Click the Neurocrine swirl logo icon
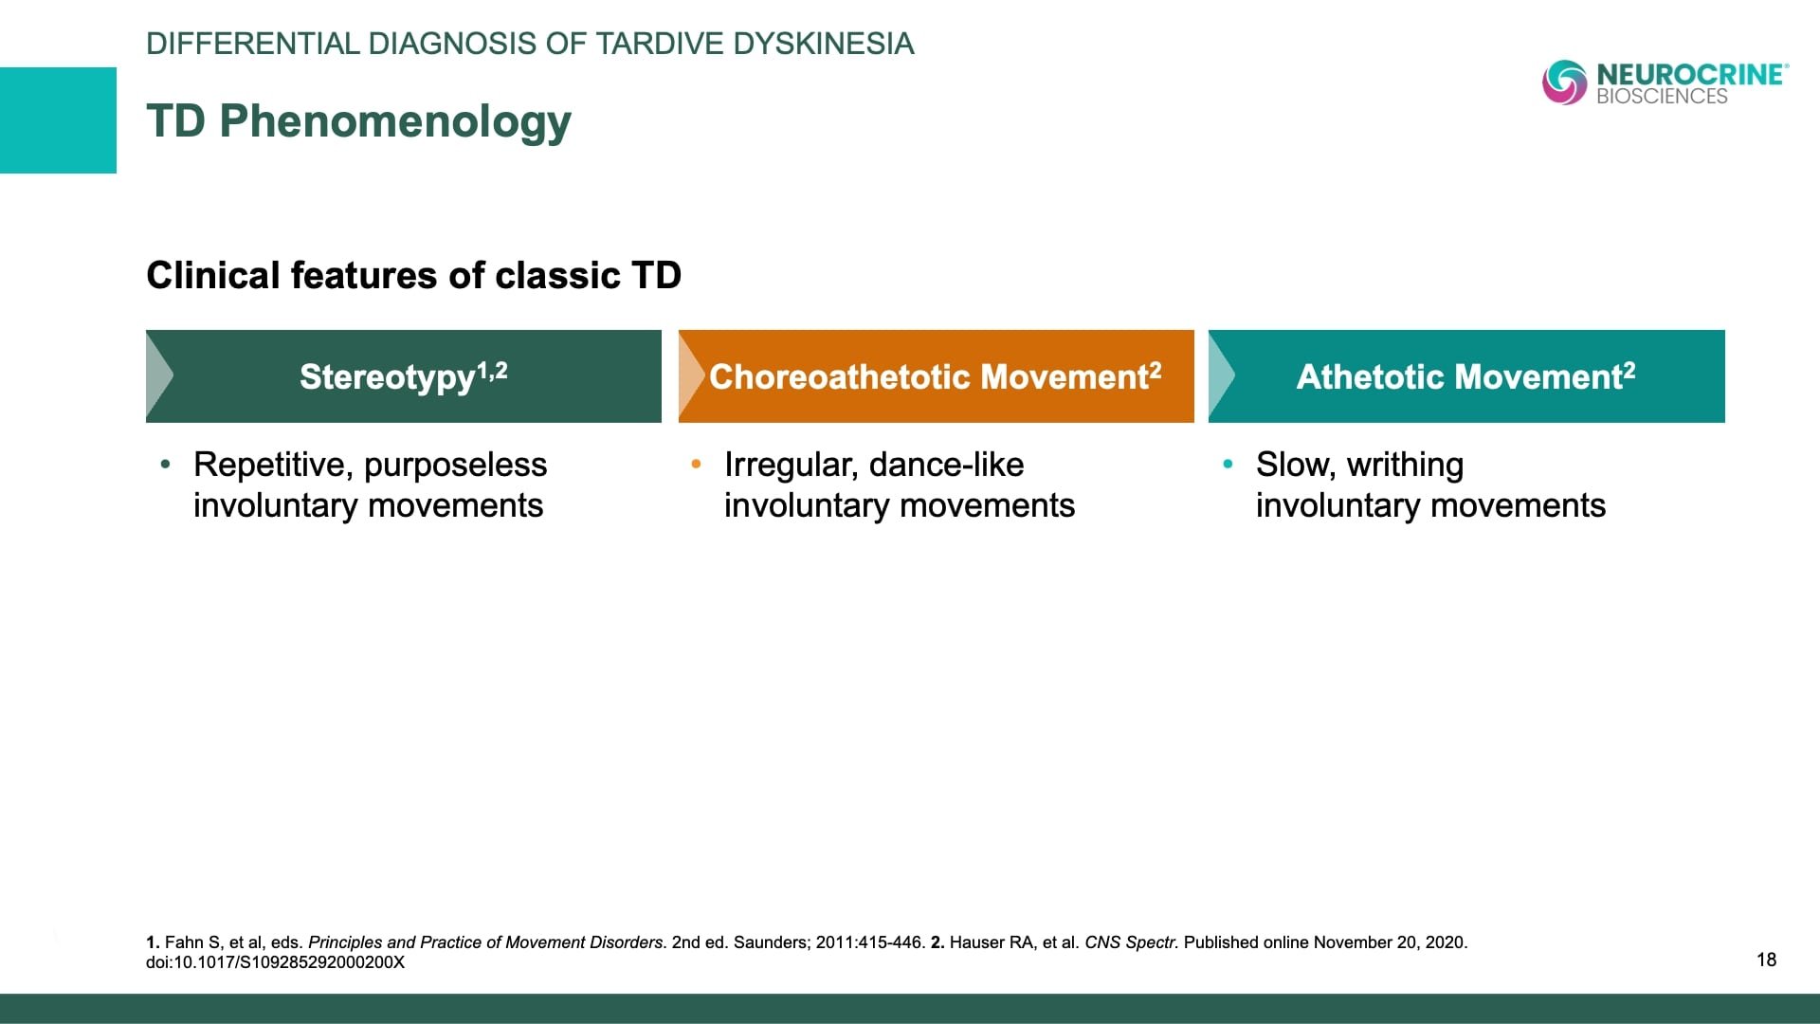pos(1564,82)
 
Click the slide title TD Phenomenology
pos(359,121)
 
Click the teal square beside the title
pos(58,120)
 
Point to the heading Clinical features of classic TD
pos(414,276)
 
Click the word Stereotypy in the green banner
pos(387,377)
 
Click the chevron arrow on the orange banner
pos(690,376)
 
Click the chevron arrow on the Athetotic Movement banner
pos(1220,376)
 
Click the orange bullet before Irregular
pos(696,464)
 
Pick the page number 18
pos(1766,960)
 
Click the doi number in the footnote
pos(275,962)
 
